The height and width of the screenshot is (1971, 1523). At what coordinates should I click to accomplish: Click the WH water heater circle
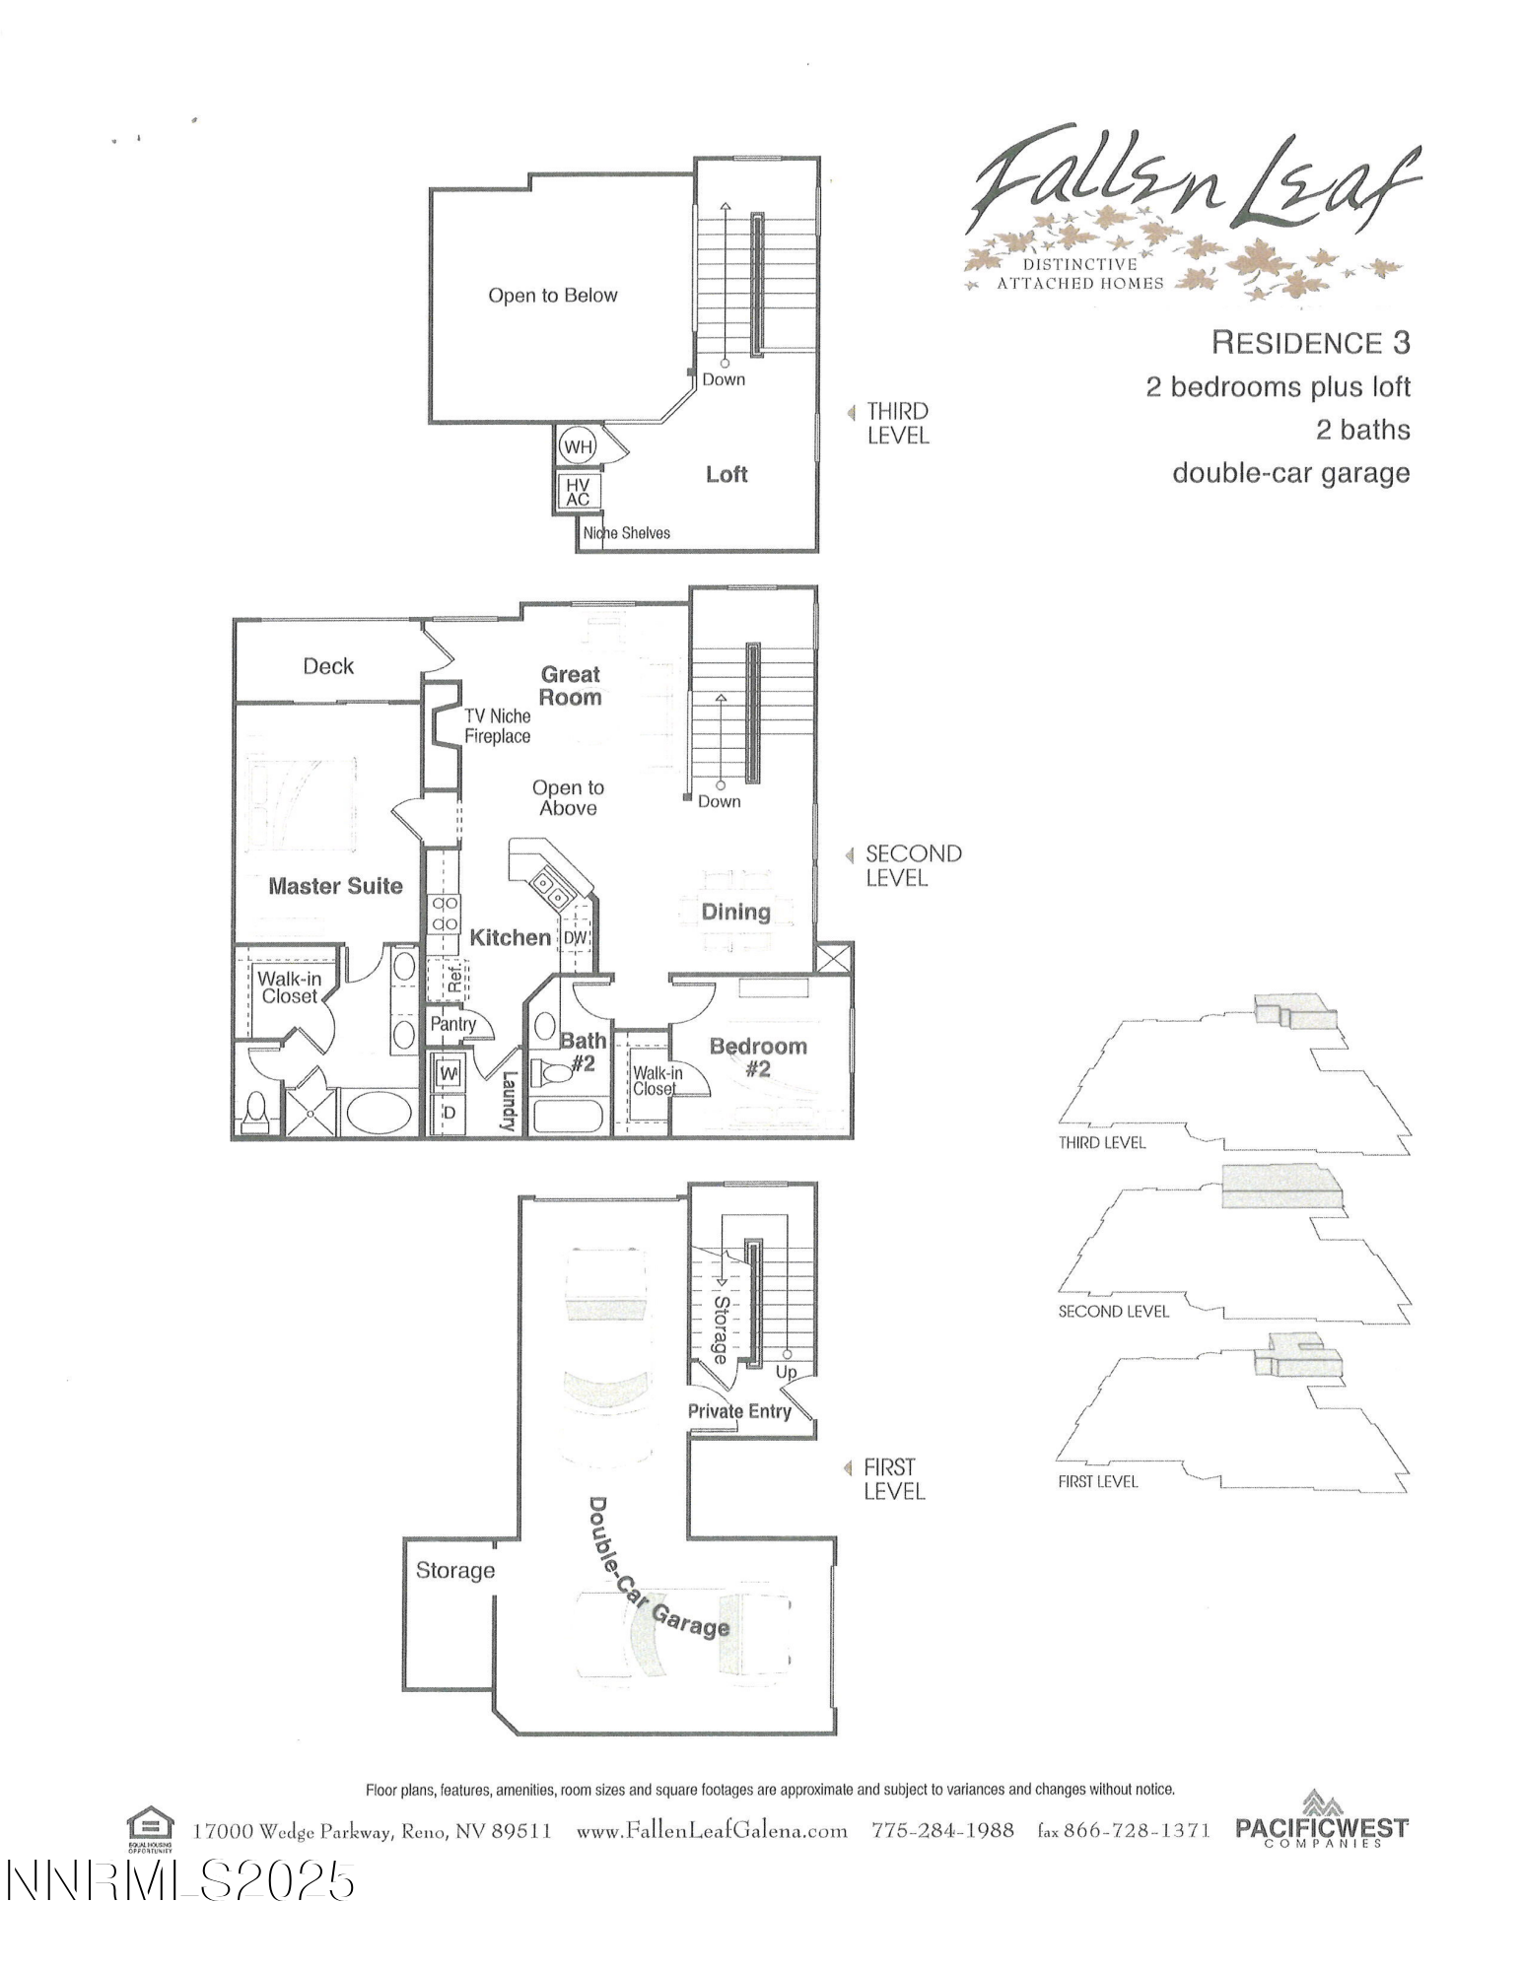click(x=578, y=446)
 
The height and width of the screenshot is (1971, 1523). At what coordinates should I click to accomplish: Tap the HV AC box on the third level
click(x=577, y=492)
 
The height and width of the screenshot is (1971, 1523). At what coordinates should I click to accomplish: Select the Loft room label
click(x=727, y=474)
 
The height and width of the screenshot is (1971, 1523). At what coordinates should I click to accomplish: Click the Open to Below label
click(x=552, y=296)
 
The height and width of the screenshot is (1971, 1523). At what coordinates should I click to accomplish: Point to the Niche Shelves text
click(x=627, y=533)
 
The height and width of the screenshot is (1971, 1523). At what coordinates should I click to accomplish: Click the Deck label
click(x=328, y=666)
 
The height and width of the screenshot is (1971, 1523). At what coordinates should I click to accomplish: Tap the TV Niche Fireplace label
click(x=497, y=726)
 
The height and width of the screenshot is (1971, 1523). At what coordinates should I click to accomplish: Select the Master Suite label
click(x=335, y=886)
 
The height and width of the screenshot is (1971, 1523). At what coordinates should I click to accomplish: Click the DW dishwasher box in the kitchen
click(x=575, y=937)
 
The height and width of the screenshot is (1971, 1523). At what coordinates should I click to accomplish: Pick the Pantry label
click(x=452, y=1024)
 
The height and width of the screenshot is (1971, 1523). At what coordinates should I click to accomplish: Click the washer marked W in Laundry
click(x=449, y=1072)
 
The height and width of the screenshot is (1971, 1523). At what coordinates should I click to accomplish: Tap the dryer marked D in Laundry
click(x=449, y=1113)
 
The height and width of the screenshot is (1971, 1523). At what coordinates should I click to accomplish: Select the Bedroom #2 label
click(x=758, y=1056)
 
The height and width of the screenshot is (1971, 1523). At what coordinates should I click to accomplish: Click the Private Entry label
click(x=739, y=1411)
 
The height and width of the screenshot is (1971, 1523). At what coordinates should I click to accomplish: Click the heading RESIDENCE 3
click(x=1310, y=343)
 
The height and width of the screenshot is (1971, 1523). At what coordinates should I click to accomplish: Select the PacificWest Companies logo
click(x=1321, y=1829)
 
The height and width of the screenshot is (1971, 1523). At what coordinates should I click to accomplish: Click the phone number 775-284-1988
click(x=942, y=1830)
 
